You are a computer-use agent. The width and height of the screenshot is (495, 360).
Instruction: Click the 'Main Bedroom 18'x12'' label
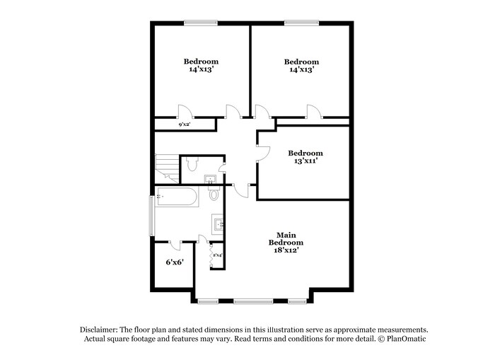286,243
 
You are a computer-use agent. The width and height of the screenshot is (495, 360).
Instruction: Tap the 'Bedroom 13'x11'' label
305,157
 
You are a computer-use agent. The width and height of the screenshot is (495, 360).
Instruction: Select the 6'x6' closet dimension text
175,262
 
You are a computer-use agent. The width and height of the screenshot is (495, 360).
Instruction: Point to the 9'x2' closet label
185,124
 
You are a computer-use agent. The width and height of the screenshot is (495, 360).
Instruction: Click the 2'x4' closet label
217,255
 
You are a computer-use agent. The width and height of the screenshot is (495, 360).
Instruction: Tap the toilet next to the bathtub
214,194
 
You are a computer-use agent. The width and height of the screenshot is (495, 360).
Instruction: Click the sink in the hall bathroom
210,178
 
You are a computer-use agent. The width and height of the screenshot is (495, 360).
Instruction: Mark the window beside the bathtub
150,216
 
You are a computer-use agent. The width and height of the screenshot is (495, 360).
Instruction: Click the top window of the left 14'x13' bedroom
201,23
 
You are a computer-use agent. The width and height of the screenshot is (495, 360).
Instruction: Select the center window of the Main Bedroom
253,302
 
